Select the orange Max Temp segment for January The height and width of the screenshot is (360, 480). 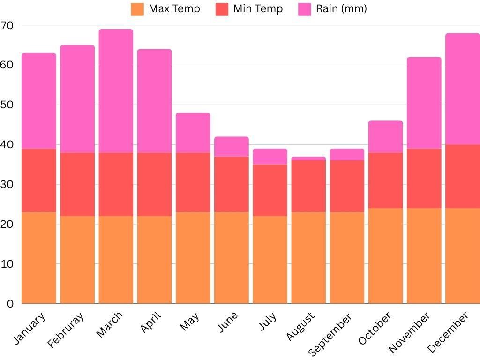(38, 258)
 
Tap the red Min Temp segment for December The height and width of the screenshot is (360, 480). (462, 176)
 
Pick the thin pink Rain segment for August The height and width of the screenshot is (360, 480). (308, 159)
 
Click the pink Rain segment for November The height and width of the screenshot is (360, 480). (424, 103)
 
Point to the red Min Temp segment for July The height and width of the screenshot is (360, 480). (270, 190)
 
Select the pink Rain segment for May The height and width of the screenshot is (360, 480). (193, 133)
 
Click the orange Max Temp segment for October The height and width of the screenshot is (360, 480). (385, 255)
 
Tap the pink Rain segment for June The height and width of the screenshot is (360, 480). (232, 147)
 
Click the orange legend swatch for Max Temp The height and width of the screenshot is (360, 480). (137, 9)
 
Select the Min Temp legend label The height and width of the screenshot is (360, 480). (258, 9)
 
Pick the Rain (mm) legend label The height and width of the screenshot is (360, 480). (341, 9)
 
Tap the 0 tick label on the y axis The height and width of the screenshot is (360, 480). (10, 304)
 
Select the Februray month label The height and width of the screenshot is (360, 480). (66, 330)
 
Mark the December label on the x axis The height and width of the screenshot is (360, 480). (448, 332)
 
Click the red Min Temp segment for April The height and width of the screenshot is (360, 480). (154, 184)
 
